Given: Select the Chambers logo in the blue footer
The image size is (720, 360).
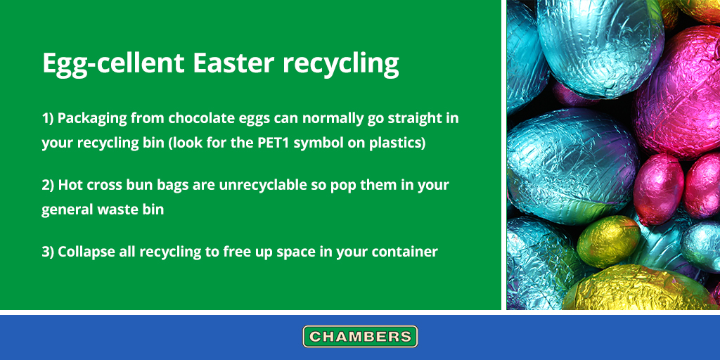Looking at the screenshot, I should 360,336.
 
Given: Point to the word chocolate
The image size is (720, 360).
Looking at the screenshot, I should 204,118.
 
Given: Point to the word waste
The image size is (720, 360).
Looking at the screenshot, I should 115,210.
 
